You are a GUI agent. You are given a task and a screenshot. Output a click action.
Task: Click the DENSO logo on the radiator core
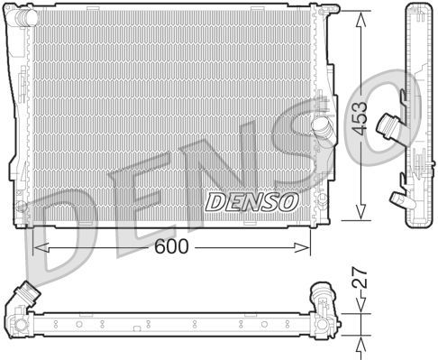click(250, 200)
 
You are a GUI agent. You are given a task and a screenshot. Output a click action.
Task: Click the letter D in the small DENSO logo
click(214, 200)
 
